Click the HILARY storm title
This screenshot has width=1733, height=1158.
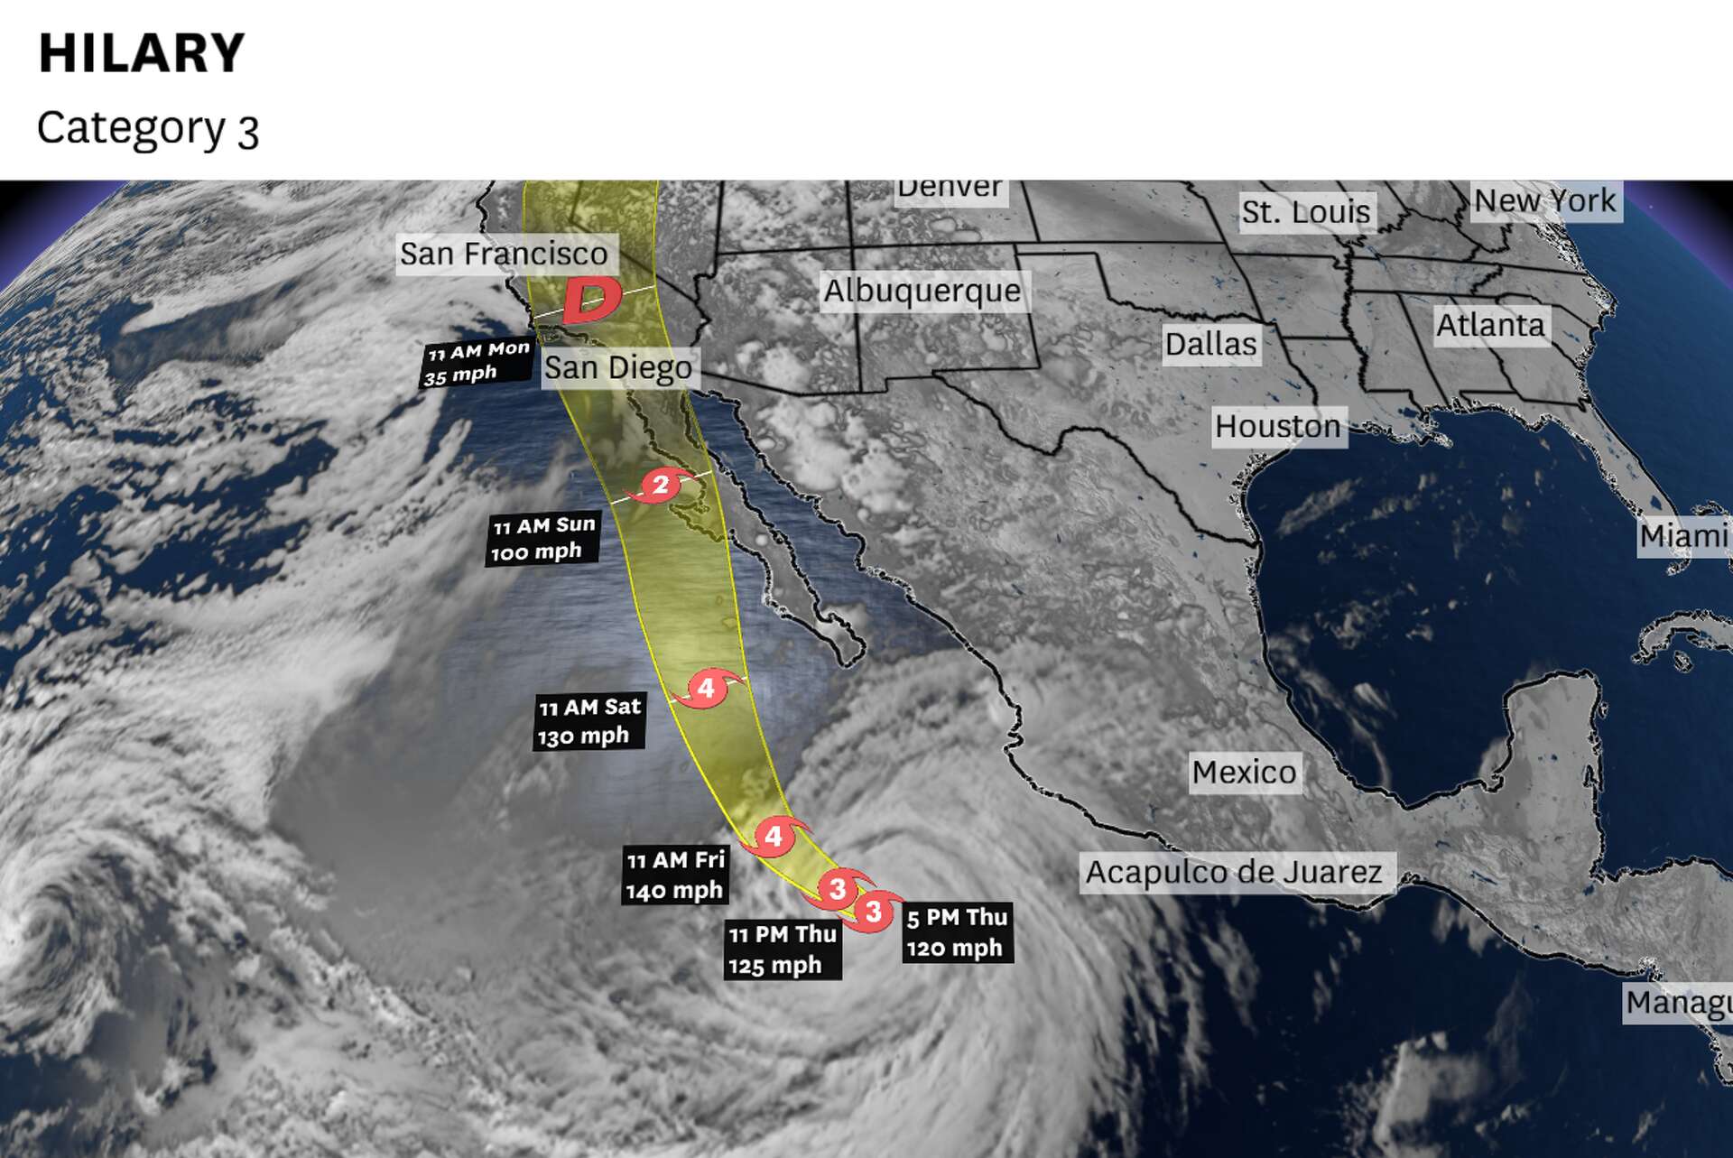pyautogui.click(x=142, y=52)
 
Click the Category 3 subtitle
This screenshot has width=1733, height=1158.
pyautogui.click(x=148, y=129)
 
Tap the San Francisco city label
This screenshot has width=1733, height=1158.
pyautogui.click(x=504, y=255)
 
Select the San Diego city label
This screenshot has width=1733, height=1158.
pyautogui.click(x=618, y=368)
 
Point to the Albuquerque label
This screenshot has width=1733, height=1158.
pyautogui.click(x=922, y=292)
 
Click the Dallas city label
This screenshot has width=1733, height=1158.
pyautogui.click(x=1210, y=345)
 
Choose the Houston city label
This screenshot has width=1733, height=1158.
pyautogui.click(x=1278, y=427)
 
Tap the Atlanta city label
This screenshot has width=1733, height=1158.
pyautogui.click(x=1490, y=326)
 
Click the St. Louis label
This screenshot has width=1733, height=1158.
pyautogui.click(x=1306, y=213)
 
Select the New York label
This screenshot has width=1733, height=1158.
pyautogui.click(x=1545, y=201)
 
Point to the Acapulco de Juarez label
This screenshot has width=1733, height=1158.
pyautogui.click(x=1234, y=873)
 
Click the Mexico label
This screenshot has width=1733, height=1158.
pyautogui.click(x=1244, y=773)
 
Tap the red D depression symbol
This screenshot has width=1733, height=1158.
pyautogui.click(x=591, y=301)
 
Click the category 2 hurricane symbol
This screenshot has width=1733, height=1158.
pyautogui.click(x=661, y=486)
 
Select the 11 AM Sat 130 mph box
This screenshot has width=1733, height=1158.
pyautogui.click(x=589, y=722)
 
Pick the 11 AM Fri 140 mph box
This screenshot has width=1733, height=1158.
pyautogui.click(x=675, y=875)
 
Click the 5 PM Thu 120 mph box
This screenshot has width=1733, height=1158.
pyautogui.click(x=957, y=932)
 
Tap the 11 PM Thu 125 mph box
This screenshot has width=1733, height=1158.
pyautogui.click(x=782, y=950)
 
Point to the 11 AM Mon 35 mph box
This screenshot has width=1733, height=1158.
pyautogui.click(x=476, y=363)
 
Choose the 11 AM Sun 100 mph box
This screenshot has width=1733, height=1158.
pyautogui.click(x=542, y=539)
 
